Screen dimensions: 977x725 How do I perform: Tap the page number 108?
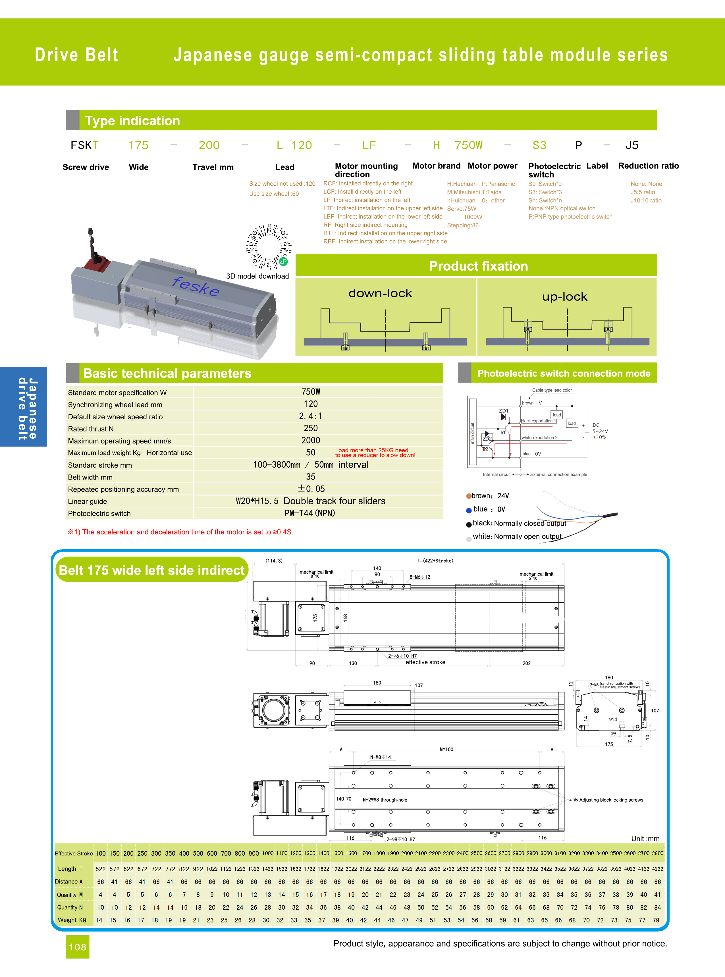(78, 947)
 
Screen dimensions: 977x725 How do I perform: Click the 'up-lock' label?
(564, 297)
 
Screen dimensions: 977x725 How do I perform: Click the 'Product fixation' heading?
(478, 266)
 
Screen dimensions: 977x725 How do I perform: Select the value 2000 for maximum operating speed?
(310, 440)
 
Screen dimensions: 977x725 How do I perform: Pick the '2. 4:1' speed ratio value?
(310, 416)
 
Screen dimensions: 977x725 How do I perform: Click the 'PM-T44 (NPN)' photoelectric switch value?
(310, 513)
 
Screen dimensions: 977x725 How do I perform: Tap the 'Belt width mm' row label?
(90, 477)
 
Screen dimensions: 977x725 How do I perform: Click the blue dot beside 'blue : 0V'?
(469, 510)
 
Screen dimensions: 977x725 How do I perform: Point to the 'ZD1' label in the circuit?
(503, 411)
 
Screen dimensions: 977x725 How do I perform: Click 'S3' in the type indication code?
(539, 145)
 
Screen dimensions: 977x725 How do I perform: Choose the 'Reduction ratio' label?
(648, 166)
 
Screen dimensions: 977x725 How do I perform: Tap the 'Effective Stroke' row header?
(74, 854)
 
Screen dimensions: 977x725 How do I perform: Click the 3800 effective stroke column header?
(657, 853)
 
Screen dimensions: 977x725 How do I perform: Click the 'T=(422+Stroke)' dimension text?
(435, 561)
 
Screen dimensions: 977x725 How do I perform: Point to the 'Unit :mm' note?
(645, 839)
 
